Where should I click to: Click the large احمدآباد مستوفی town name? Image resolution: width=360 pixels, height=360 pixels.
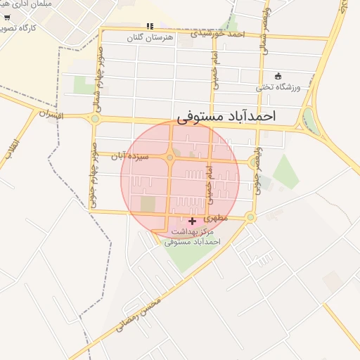tap(226, 115)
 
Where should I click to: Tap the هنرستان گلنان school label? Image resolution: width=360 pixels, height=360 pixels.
tap(148, 37)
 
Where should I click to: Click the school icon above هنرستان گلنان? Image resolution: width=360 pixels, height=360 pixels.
tap(149, 26)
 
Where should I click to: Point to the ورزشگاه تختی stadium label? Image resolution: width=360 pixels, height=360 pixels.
tap(278, 86)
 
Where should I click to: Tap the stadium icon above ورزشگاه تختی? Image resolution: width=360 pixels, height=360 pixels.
tap(278, 76)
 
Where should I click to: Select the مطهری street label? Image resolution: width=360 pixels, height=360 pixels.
tap(219, 219)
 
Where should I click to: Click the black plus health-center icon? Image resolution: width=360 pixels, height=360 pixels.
tap(192, 221)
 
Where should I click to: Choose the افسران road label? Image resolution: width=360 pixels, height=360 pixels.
tap(51, 113)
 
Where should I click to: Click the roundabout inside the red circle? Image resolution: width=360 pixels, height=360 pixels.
tap(169, 157)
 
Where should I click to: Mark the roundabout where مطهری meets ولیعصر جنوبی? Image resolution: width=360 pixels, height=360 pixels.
tap(250, 217)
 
